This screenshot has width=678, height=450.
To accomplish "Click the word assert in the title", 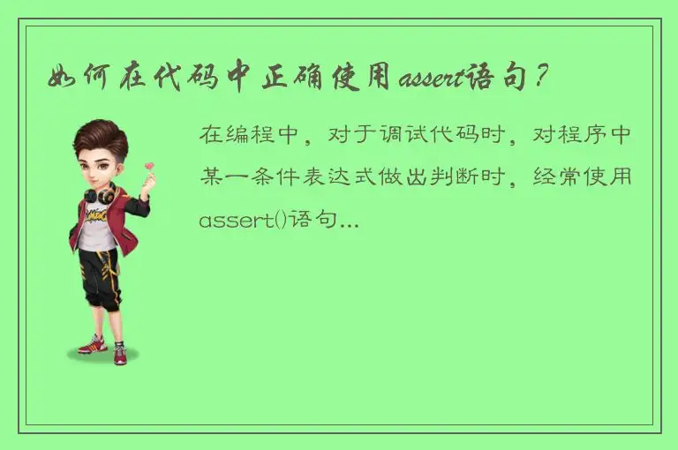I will pyautogui.click(x=432, y=80).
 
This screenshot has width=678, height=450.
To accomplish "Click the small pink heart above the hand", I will pyautogui.click(x=151, y=165).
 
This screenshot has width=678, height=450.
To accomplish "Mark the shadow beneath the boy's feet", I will pyautogui.click(x=103, y=356).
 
